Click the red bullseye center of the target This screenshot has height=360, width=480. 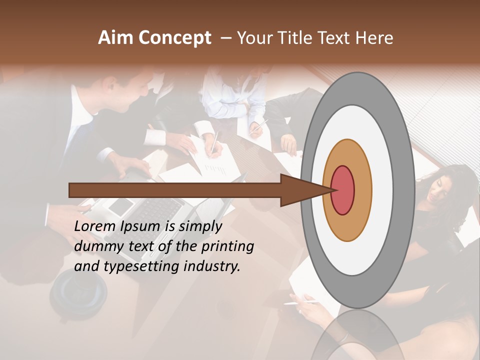point(343,190)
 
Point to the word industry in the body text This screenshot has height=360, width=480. point(212,266)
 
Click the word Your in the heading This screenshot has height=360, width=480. point(253,38)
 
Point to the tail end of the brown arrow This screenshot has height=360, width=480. point(71,190)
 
